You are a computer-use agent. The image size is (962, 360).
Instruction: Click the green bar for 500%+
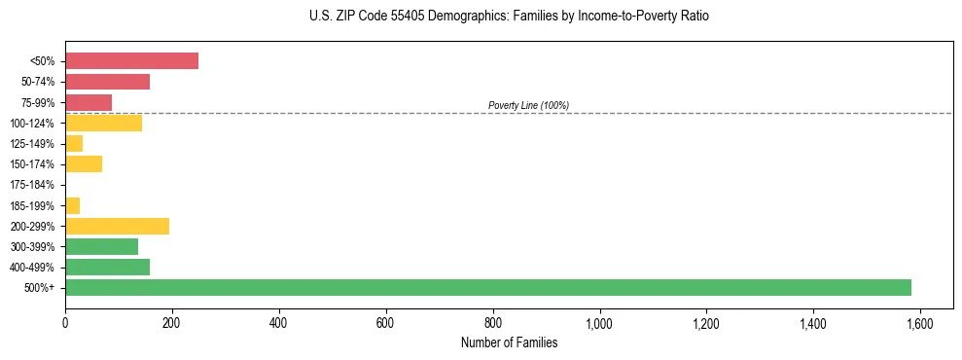click(487, 287)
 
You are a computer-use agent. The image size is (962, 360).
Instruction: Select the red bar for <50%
click(131, 61)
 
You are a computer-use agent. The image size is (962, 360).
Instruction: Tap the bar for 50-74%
click(107, 82)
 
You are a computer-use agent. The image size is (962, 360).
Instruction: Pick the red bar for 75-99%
click(89, 102)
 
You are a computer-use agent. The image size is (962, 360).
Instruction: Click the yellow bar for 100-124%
click(103, 123)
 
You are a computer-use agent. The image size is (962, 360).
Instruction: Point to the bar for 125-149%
click(74, 144)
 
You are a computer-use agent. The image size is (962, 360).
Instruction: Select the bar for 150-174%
click(84, 164)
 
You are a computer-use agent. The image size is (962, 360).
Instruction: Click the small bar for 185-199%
click(72, 205)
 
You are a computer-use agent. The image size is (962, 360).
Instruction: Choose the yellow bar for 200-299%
click(117, 226)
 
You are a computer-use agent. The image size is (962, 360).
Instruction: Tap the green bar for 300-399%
click(101, 246)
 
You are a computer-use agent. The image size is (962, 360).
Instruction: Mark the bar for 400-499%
click(107, 267)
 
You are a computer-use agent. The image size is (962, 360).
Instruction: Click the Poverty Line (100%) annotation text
click(528, 105)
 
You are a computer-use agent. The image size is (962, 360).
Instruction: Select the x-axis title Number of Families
click(509, 342)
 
